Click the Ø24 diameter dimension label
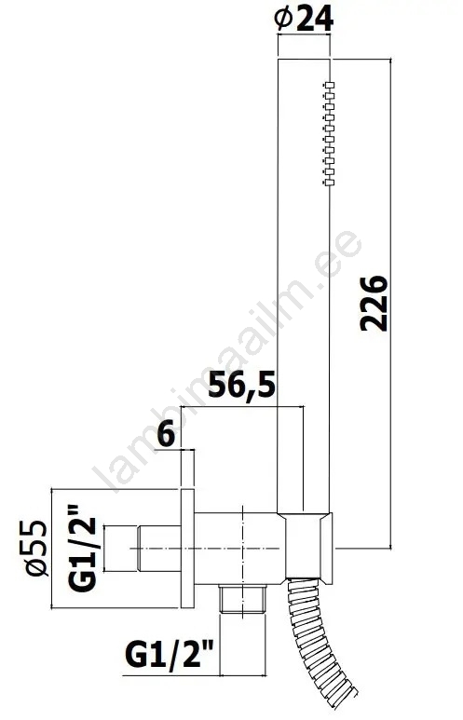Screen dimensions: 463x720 (x=303, y=20)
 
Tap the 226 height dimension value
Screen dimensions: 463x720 (x=374, y=304)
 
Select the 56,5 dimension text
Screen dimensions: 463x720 (x=242, y=386)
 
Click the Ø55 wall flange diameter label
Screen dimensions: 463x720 (x=36, y=548)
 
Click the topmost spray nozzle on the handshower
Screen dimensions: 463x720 (x=329, y=85)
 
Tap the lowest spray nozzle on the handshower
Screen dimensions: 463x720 (x=329, y=183)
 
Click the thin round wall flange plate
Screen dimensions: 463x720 (x=187, y=549)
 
